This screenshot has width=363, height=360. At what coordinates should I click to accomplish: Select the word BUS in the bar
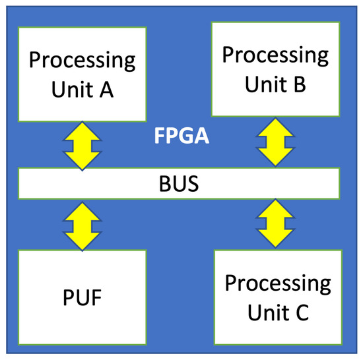(181, 184)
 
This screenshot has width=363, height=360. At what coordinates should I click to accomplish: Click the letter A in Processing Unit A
(123, 90)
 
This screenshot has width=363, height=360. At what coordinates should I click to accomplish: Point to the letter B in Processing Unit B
(298, 84)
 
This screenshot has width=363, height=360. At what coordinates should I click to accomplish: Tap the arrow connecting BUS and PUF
(81, 225)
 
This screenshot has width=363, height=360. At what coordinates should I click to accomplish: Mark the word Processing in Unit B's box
(276, 55)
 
